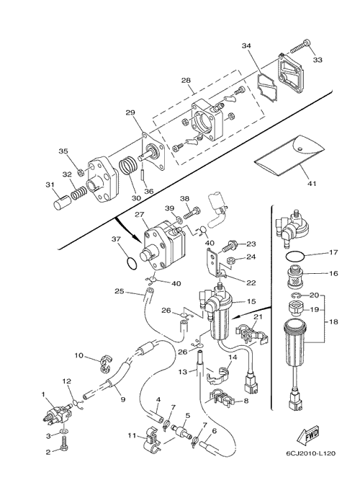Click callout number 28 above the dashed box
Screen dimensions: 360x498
click(186, 80)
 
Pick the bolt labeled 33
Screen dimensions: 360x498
click(300, 46)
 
